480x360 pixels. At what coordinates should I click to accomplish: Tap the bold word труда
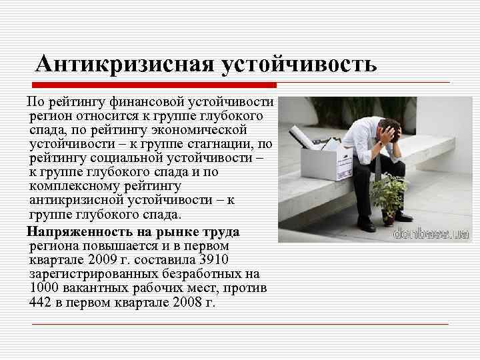(x=222, y=232)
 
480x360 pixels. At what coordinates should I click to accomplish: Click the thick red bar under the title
(x=154, y=85)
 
